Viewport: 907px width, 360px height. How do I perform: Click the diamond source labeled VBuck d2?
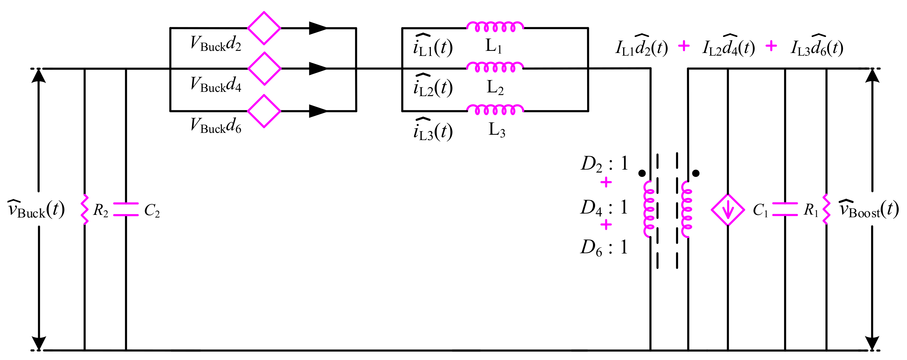pos(264,28)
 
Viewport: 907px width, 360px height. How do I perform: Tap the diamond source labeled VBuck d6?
pos(264,111)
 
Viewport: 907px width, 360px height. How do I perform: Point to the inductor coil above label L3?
pos(495,109)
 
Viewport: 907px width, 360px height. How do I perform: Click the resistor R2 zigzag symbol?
pos(85,210)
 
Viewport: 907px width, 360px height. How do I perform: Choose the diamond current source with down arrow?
pos(728,210)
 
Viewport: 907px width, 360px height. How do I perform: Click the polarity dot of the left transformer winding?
pos(642,173)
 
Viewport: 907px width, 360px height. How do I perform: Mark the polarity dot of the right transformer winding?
pos(696,173)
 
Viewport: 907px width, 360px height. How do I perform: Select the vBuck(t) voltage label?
pos(36,209)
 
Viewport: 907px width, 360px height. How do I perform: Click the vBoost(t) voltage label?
pos(868,209)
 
